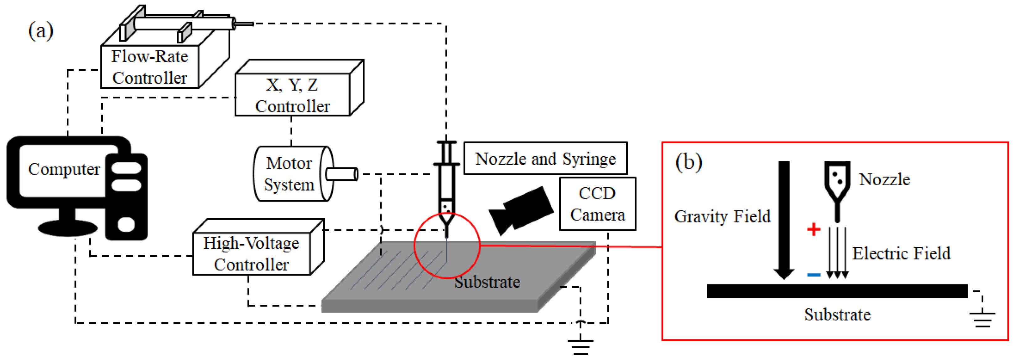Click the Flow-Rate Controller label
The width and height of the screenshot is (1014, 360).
[x=150, y=67]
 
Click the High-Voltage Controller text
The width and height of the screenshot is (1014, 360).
[x=251, y=254]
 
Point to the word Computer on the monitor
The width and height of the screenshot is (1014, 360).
[x=64, y=169]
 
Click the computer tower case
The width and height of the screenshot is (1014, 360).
[x=126, y=197]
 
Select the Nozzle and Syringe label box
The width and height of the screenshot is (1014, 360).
[x=545, y=159]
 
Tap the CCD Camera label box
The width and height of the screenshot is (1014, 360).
[x=597, y=204]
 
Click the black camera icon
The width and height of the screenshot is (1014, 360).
[x=522, y=210]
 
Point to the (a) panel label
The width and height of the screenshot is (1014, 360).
[x=40, y=31]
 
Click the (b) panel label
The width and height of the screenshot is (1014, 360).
[x=689, y=162]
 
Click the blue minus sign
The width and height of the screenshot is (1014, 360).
[x=813, y=275]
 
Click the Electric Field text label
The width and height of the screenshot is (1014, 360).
[x=901, y=253]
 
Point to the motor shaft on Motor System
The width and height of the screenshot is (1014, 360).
[x=342, y=174]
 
